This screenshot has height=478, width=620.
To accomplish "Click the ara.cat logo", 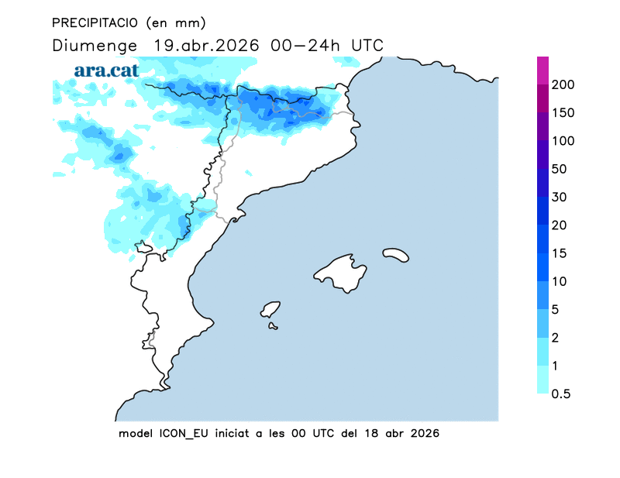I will pyautogui.click(x=106, y=70).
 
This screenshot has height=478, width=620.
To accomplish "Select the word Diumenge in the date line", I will pyautogui.click(x=93, y=46).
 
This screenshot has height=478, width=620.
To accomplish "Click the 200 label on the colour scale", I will pyautogui.click(x=563, y=84).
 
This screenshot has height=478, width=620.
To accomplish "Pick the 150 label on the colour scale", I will pyautogui.click(x=563, y=113).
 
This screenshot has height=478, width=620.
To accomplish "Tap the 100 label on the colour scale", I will pyautogui.click(x=563, y=141).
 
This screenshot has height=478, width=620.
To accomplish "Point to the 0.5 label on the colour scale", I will pyautogui.click(x=561, y=394).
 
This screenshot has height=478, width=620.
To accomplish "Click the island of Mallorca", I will pyautogui.click(x=342, y=273).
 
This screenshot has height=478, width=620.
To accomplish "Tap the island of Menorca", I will pyautogui.click(x=396, y=253).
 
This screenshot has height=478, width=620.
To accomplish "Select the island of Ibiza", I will pyautogui.click(x=270, y=310).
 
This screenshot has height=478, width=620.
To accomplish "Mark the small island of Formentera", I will pyautogui.click(x=273, y=326).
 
